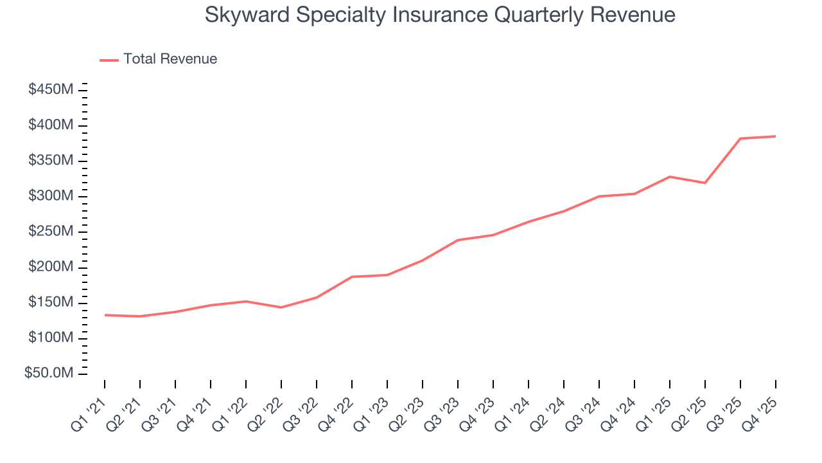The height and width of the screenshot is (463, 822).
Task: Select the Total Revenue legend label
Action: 170,59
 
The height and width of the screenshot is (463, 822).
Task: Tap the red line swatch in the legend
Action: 109,60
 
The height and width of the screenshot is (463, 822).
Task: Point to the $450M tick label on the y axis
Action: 50,89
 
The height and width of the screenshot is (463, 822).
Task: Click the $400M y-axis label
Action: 50,125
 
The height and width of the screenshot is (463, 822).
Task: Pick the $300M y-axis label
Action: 50,196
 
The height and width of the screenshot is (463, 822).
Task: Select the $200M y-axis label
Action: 50,268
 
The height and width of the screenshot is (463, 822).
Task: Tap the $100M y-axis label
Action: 50,338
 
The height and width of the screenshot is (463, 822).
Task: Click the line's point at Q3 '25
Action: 740,138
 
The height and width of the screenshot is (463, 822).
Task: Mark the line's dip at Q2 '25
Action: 705,183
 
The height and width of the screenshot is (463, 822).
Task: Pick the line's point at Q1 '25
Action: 670,176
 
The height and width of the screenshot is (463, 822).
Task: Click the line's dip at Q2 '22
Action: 281,307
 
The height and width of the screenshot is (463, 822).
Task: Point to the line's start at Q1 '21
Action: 105,315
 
